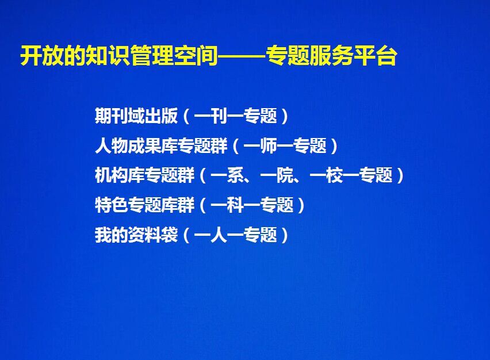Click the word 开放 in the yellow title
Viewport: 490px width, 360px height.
42,56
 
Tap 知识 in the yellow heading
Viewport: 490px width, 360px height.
108,56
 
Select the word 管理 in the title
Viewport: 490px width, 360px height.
152,56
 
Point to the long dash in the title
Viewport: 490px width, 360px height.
242,56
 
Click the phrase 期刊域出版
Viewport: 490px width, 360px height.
136,116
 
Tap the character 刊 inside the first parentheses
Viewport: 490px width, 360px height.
219,116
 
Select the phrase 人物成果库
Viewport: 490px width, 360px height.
136,145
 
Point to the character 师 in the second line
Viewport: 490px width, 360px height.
268,145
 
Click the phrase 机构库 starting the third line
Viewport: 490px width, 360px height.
120,175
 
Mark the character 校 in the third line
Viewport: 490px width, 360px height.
334,175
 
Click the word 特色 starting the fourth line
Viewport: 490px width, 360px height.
112,205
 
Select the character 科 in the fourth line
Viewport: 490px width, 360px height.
235,205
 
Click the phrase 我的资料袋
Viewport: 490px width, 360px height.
136,235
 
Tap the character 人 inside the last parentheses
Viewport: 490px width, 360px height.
219,235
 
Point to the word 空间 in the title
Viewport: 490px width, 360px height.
196,56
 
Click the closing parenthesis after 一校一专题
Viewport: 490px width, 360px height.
400,175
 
